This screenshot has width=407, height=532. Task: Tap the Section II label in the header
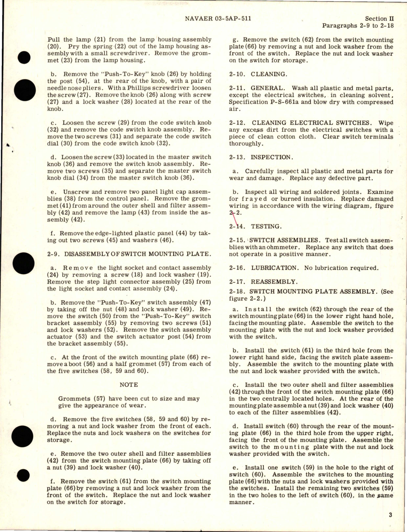coord(379,19)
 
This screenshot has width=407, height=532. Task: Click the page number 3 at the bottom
coord(390,515)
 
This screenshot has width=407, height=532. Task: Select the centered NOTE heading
coord(129,384)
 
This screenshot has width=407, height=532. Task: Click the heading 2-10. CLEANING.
coord(258,74)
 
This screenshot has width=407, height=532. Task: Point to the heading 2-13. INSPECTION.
coord(261,157)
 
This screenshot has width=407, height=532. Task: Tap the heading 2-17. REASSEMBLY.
coord(259,282)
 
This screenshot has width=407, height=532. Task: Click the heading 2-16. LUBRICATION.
coord(264,268)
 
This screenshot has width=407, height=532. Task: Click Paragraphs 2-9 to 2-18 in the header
coord(357,26)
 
